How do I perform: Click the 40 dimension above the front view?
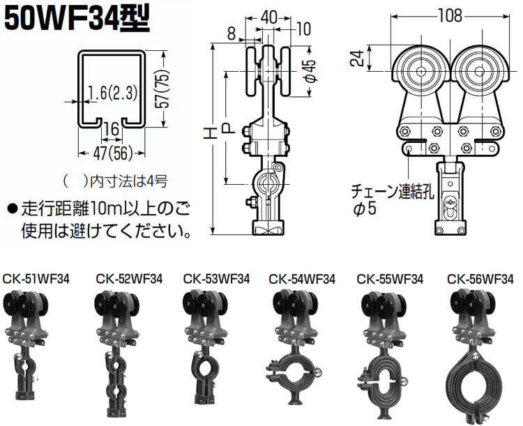(268, 14)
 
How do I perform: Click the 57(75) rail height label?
(162, 90)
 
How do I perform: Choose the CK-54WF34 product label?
(302, 278)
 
